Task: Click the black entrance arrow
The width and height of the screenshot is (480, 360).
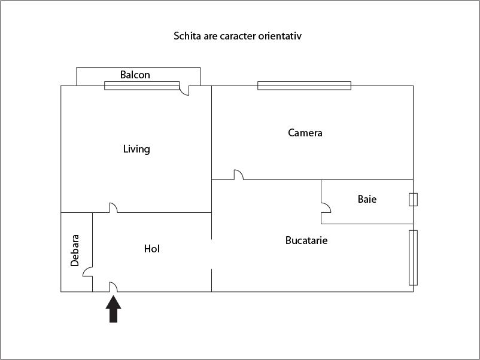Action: [114, 309]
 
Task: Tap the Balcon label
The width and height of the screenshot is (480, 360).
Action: [135, 75]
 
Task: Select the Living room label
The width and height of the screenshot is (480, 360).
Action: [136, 149]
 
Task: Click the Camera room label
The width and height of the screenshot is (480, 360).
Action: [305, 133]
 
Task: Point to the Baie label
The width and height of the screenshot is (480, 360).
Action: [367, 199]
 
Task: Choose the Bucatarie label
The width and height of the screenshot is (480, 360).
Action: [306, 240]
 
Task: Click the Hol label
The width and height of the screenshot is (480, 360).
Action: [152, 249]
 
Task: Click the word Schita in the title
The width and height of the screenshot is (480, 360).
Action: [186, 36]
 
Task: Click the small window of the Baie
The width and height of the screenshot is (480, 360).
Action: [413, 199]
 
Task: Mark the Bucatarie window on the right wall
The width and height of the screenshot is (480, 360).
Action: [413, 257]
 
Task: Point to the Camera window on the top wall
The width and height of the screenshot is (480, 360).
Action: [304, 86]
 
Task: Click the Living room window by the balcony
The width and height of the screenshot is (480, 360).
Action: [142, 86]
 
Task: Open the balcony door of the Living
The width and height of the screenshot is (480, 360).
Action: [184, 90]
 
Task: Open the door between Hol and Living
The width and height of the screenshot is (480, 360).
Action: [113, 208]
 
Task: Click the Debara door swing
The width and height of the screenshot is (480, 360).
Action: [87, 272]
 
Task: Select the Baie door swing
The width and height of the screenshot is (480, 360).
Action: [326, 209]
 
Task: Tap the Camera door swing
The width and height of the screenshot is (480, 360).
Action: [238, 175]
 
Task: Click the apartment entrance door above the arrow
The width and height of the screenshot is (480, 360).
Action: [113, 287]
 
